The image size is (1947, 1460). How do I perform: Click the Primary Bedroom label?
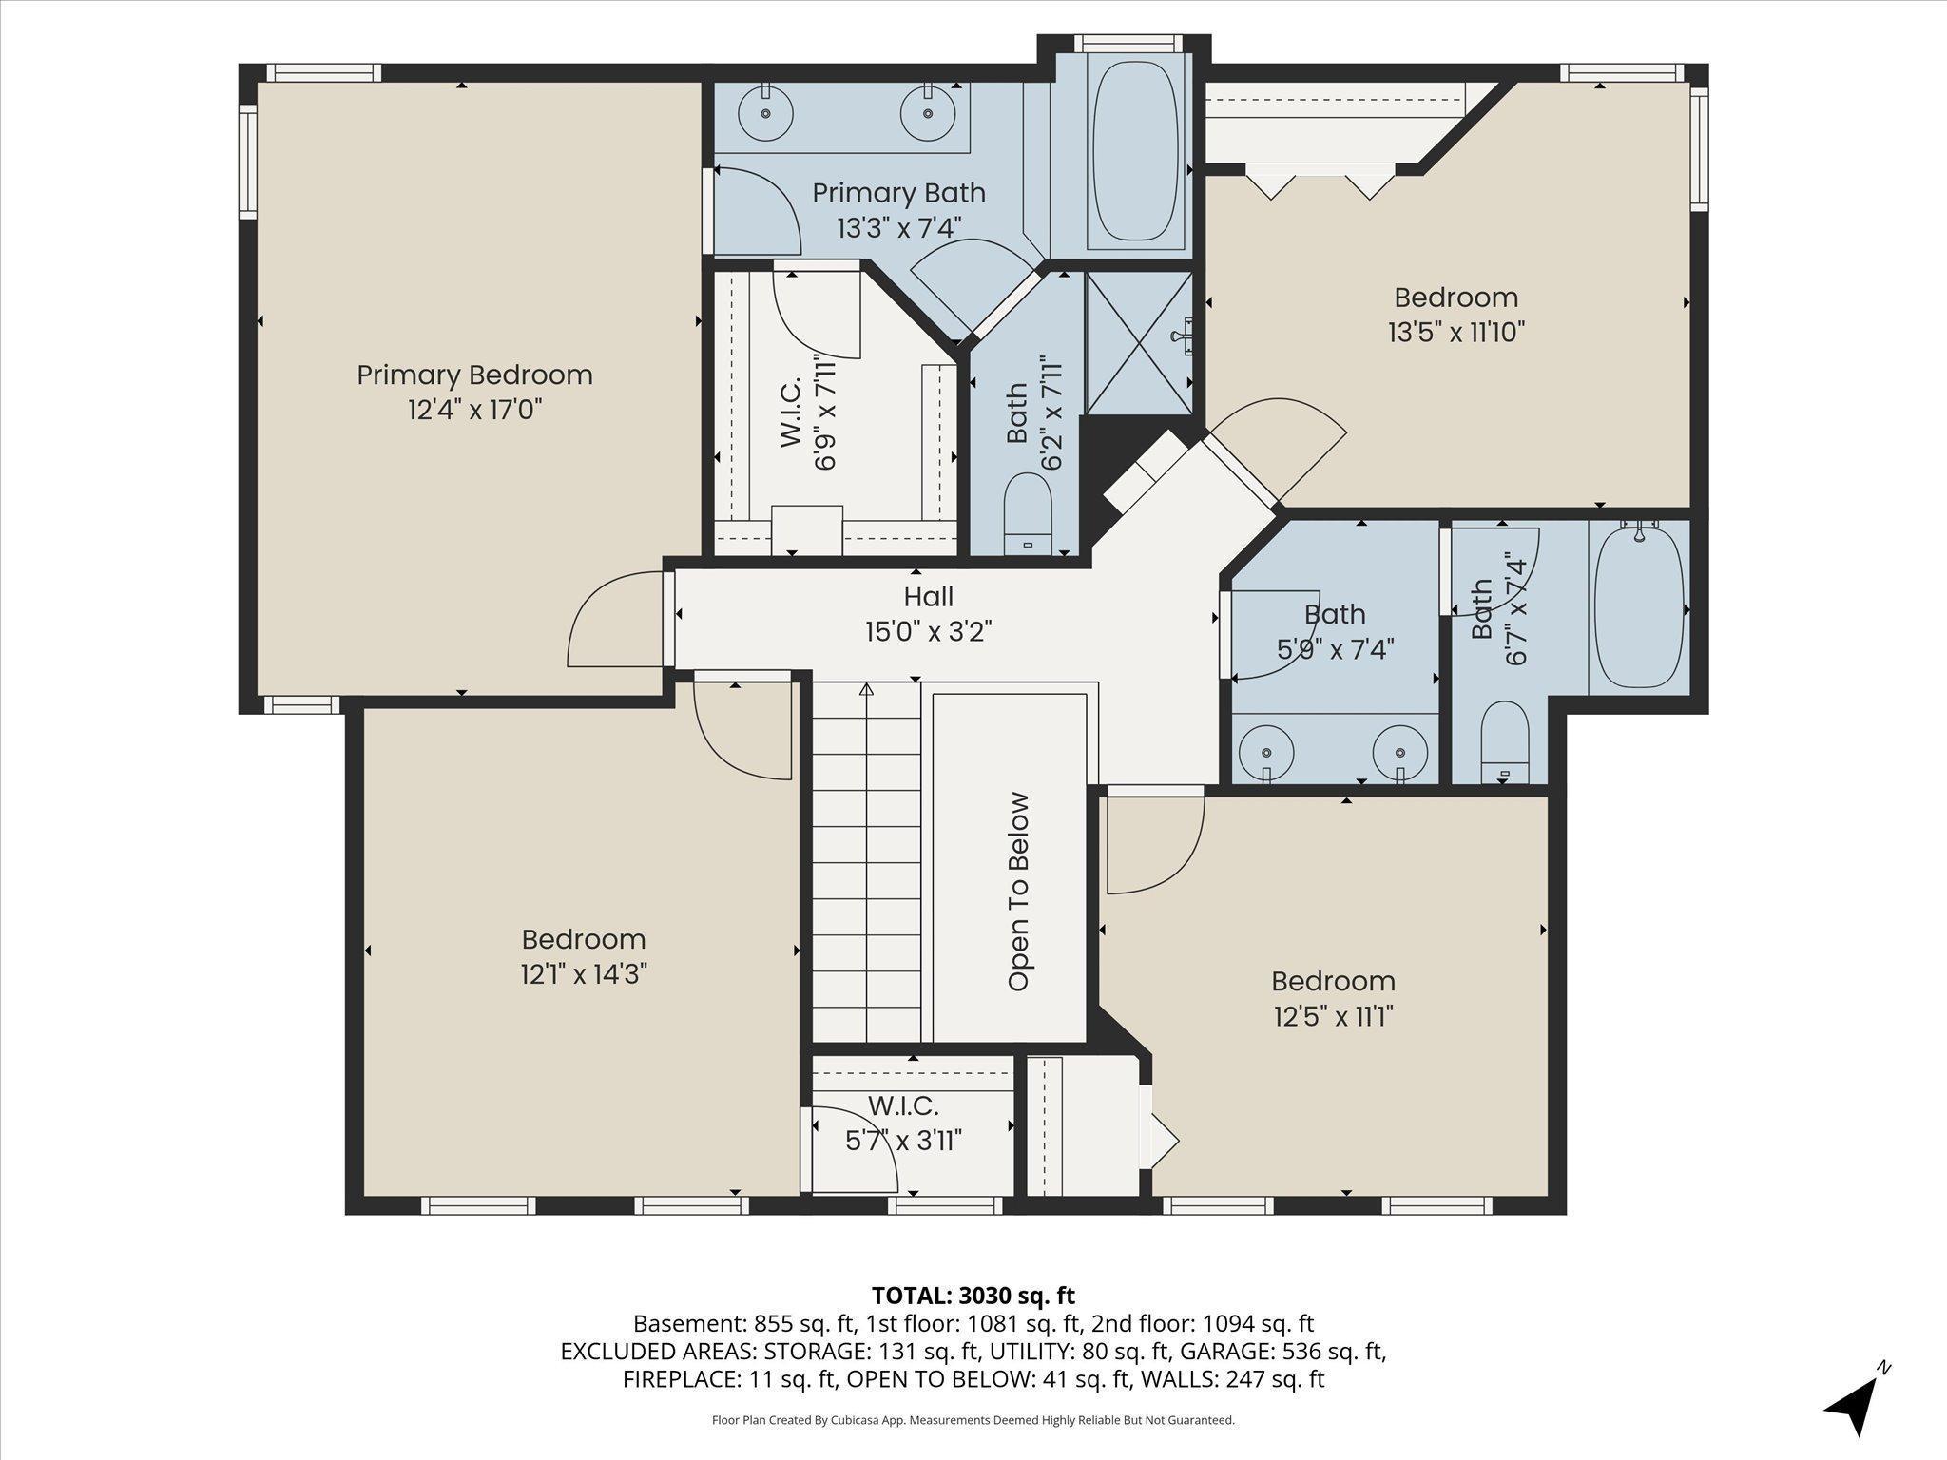(474, 375)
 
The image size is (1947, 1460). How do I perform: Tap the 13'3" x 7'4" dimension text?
(898, 228)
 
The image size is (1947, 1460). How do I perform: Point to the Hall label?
(928, 597)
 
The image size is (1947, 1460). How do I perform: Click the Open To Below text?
(1019, 892)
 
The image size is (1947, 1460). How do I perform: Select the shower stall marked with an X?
(1139, 343)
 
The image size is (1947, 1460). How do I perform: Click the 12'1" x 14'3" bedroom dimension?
(584, 974)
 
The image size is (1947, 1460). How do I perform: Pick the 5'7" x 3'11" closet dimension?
(903, 1140)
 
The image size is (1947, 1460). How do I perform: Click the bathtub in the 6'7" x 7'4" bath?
(1639, 608)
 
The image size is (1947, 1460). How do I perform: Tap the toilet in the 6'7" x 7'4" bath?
(1504, 744)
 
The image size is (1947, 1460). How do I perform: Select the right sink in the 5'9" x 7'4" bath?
(1400, 750)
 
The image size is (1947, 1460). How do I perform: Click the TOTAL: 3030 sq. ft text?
(973, 1296)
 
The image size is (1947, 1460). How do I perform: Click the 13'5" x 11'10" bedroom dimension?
(1455, 333)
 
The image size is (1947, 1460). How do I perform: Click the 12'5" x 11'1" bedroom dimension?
(1333, 1016)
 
